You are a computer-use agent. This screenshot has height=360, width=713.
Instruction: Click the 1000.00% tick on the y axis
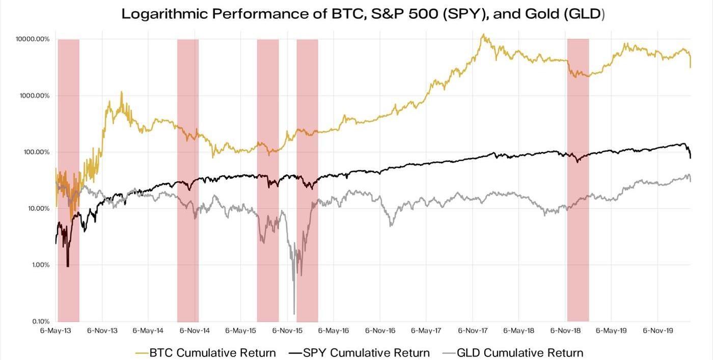coord(34,96)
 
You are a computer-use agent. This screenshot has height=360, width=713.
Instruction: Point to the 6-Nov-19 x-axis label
coord(657,331)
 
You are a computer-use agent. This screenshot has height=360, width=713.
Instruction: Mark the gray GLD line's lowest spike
coord(294,314)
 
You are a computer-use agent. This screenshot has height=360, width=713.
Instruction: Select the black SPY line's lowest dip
coord(68,265)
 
